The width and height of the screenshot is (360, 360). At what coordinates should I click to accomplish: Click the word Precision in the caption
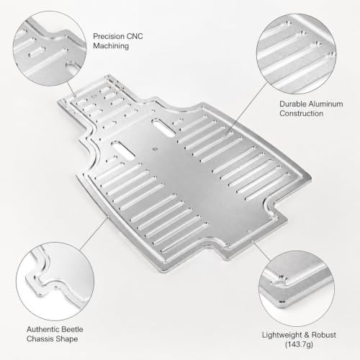point(108,36)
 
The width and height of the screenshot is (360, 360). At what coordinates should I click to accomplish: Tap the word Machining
point(111,46)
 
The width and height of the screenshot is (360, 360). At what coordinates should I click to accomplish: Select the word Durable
point(293,104)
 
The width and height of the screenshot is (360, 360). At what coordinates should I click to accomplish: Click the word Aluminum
point(325,104)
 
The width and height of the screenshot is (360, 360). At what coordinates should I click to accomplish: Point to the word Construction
point(301,113)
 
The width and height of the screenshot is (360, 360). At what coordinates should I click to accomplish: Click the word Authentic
point(42,329)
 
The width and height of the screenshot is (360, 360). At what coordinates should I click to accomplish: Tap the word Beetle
point(72,329)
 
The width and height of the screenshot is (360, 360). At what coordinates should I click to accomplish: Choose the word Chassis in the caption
point(40,339)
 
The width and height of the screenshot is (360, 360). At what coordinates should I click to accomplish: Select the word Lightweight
point(279,335)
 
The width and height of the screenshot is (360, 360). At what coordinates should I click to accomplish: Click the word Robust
point(324,335)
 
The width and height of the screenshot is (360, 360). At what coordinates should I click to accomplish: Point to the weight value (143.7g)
point(299,344)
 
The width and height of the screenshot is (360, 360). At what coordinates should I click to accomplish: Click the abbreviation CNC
point(135,36)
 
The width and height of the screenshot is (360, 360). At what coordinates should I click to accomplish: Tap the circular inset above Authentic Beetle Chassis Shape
point(55,282)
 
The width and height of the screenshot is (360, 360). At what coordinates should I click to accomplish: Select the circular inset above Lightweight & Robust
point(297,289)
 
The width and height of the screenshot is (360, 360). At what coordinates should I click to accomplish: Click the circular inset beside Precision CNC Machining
point(50,48)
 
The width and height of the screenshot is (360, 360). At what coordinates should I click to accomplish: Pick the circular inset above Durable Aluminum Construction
point(297,54)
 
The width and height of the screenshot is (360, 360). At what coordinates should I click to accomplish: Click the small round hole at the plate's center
point(156,148)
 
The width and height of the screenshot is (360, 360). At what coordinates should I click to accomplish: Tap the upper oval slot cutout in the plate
point(163,127)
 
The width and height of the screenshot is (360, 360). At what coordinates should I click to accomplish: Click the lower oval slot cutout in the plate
point(124,150)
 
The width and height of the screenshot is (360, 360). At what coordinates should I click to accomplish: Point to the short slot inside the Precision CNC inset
point(37,52)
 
